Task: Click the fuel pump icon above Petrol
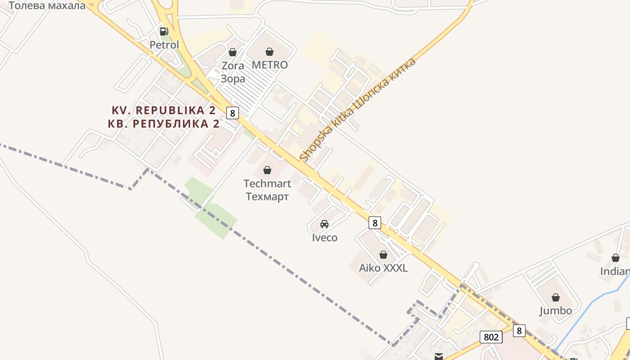(x=164, y=31)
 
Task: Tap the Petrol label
(x=164, y=45)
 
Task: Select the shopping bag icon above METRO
(x=270, y=52)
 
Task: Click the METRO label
(x=270, y=65)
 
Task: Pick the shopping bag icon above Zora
(x=233, y=52)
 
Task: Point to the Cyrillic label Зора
(x=233, y=79)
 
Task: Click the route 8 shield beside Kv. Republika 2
(x=232, y=112)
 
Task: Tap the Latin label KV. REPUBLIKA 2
(x=164, y=110)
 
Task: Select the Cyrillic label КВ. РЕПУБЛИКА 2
(x=164, y=124)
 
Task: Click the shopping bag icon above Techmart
(x=267, y=170)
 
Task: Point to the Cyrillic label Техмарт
(x=267, y=197)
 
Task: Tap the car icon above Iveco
(x=324, y=224)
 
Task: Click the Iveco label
(x=324, y=238)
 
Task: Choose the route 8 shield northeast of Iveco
(x=374, y=222)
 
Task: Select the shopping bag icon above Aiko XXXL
(x=383, y=255)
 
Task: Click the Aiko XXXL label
(x=383, y=268)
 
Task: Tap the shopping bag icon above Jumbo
(x=556, y=297)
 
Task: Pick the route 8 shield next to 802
(x=519, y=331)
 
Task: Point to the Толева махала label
(x=47, y=5)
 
